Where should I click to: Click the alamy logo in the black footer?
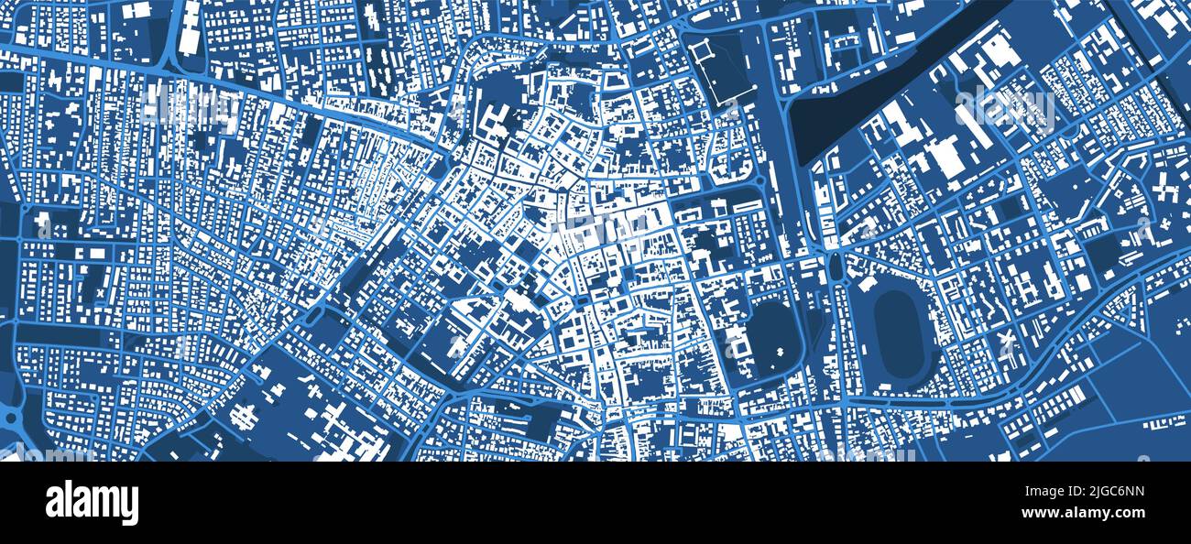(x=92, y=502)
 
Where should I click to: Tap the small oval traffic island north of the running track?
(x=836, y=267)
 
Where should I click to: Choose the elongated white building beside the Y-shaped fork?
(x=190, y=27)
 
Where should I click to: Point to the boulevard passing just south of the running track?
(x=916, y=402)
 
